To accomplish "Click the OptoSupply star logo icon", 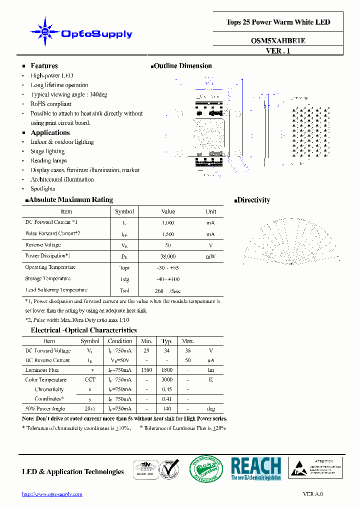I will coord(45,32).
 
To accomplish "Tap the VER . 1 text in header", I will coord(278,51).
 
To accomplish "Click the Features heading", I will coord(44,66).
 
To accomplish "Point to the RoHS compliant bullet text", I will coord(51,104).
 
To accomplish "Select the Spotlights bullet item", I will coord(43,189).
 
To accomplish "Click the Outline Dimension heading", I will coord(182,66).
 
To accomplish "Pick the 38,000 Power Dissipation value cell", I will coord(168,256).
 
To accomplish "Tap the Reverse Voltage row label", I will coord(43,245).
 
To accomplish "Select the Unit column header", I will coord(210,211).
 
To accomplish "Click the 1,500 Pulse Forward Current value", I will coord(168,234).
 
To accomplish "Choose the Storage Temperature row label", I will coord(48,278).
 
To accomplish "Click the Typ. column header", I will coord(167,341).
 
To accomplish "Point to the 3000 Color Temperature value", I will coord(167,380).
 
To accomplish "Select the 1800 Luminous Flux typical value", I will coord(167,370).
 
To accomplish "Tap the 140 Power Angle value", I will coord(167,409).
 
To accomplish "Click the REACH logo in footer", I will coord(256,469).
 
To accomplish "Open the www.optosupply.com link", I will coord(52,494).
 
